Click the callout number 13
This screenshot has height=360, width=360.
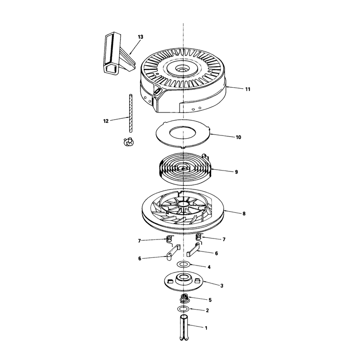(140, 37)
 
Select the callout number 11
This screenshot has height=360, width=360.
(247, 89)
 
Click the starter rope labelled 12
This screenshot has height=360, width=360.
(131, 113)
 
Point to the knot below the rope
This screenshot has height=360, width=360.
(129, 142)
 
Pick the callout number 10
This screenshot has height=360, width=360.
(238, 137)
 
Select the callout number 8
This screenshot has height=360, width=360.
(244, 213)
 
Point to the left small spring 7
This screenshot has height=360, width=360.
(169, 239)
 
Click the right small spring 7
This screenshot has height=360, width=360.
(198, 238)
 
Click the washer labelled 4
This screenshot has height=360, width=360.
(184, 264)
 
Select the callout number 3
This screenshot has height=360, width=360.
(221, 286)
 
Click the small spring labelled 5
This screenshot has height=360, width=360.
(184, 299)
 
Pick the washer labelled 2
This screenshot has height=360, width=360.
(183, 309)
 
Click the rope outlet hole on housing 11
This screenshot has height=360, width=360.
(157, 91)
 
